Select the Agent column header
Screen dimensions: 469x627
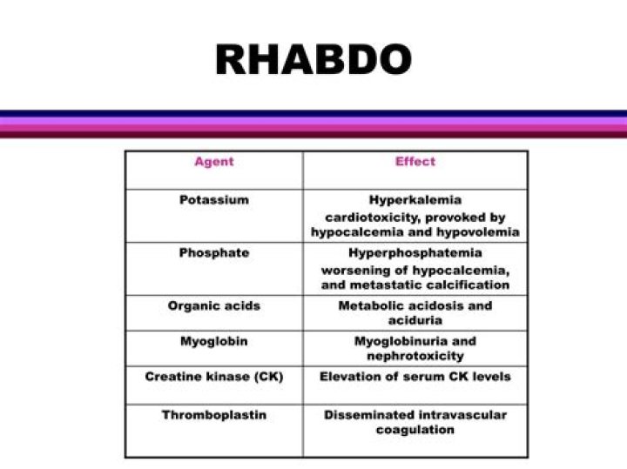tap(214, 162)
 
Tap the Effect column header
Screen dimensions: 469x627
tap(415, 161)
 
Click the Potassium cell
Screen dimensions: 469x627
tap(214, 200)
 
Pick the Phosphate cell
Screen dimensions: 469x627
tap(214, 253)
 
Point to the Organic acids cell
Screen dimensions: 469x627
tap(214, 306)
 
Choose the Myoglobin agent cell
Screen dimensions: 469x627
tap(214, 341)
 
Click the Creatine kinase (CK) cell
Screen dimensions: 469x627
tap(214, 377)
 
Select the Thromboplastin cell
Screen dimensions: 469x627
tap(214, 415)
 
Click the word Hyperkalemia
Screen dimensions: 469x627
tap(415, 200)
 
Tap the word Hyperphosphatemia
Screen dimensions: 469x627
tap(415, 253)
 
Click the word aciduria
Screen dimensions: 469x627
tap(415, 321)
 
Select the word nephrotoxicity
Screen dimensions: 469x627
tap(415, 356)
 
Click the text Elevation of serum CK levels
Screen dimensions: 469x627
tap(415, 377)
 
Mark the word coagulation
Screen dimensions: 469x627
tap(415, 430)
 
